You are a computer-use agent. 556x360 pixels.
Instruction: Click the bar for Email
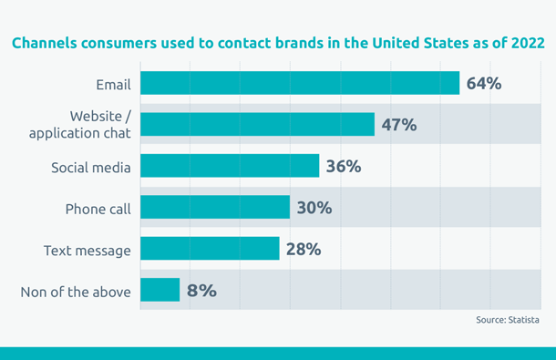tap(300, 84)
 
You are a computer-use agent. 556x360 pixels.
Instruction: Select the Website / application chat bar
tap(257, 125)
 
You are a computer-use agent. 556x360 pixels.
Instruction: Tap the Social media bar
tap(230, 166)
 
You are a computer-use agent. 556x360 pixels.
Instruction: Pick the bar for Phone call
tap(215, 208)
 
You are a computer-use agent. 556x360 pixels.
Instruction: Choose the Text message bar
tap(210, 249)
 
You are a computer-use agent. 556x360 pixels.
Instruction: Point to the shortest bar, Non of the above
tap(160, 291)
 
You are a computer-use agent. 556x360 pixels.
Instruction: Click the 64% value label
tap(484, 84)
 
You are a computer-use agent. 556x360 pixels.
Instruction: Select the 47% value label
tap(399, 125)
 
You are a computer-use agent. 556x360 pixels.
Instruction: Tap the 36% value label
tap(344, 167)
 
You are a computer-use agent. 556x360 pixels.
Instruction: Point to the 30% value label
tap(314, 208)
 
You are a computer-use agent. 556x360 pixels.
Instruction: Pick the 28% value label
tap(303, 249)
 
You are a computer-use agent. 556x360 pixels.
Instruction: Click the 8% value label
tap(201, 291)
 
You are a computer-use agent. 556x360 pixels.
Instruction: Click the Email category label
tap(113, 85)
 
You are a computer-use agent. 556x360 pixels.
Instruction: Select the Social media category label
tap(91, 168)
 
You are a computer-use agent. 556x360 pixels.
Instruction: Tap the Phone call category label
tap(98, 209)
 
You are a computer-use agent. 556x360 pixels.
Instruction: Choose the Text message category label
tap(88, 251)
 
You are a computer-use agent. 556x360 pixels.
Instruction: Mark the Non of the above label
tap(76, 292)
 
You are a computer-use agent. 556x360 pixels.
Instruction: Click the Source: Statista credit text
tap(508, 320)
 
